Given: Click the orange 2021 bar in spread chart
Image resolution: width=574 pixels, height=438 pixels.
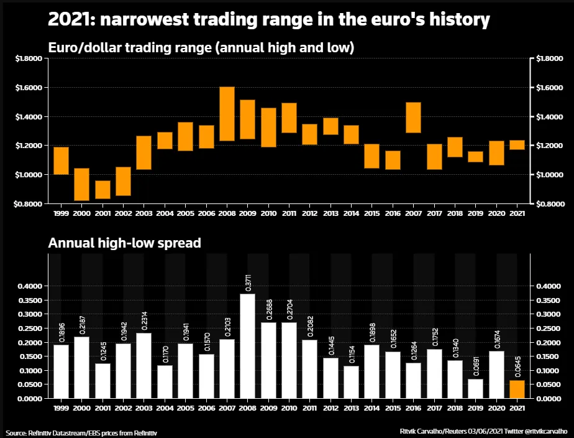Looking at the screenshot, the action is click(x=517, y=389).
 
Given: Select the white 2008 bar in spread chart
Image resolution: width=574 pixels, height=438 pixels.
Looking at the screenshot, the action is click(x=247, y=346).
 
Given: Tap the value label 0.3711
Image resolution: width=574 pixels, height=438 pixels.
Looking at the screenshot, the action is click(x=248, y=282).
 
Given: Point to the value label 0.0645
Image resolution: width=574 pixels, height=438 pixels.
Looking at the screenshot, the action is click(x=517, y=366).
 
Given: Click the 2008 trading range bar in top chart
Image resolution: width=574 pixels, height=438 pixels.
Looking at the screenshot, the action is click(x=227, y=114).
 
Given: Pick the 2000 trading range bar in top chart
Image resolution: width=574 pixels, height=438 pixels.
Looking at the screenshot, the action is click(x=81, y=184).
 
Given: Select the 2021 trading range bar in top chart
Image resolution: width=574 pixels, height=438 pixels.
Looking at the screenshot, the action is click(x=517, y=145).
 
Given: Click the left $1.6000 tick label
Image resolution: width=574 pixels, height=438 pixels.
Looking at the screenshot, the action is click(x=29, y=88).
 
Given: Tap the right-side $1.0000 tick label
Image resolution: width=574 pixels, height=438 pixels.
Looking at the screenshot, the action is click(x=550, y=174).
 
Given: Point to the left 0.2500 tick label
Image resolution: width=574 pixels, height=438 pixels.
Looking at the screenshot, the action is click(x=30, y=328).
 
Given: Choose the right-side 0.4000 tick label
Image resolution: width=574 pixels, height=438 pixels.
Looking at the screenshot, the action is click(x=549, y=286).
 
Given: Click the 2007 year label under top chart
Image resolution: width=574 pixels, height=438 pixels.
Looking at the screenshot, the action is click(x=413, y=213).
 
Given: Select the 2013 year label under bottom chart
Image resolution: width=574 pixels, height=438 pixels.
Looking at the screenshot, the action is click(x=351, y=408).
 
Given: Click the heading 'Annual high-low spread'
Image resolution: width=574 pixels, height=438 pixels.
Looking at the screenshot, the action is click(x=124, y=243).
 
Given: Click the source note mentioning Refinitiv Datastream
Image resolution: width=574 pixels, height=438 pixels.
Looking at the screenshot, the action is click(x=81, y=433).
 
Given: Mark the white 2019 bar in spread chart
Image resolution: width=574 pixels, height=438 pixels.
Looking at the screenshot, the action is click(x=475, y=388).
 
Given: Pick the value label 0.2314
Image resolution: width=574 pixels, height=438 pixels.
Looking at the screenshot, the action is click(x=145, y=320).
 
